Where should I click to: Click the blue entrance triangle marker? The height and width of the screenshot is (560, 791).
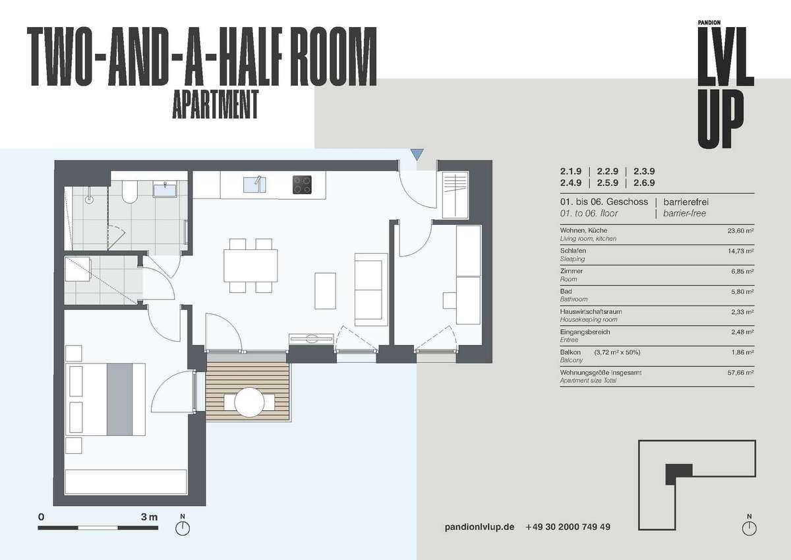(x=417, y=154)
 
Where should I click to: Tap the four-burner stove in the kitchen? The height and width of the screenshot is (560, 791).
(x=302, y=185)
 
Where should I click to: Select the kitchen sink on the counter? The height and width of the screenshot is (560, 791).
(x=254, y=185)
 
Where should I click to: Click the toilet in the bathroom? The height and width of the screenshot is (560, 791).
(x=130, y=193)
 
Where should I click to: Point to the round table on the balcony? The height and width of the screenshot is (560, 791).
(x=249, y=402)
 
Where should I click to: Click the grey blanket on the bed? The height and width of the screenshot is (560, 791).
(x=120, y=399)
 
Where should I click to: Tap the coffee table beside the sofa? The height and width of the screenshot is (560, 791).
(x=325, y=291)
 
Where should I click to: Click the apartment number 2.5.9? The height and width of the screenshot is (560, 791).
(x=608, y=183)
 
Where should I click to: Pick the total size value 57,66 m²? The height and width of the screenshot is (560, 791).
(x=740, y=373)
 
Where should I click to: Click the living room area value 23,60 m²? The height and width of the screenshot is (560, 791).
(x=740, y=231)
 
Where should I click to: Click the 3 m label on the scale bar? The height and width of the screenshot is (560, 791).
(x=149, y=517)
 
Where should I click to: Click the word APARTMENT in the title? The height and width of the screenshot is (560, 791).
(x=215, y=105)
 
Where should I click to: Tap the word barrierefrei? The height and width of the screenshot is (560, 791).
(x=686, y=202)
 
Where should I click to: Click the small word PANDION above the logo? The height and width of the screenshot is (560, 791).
(x=709, y=22)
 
